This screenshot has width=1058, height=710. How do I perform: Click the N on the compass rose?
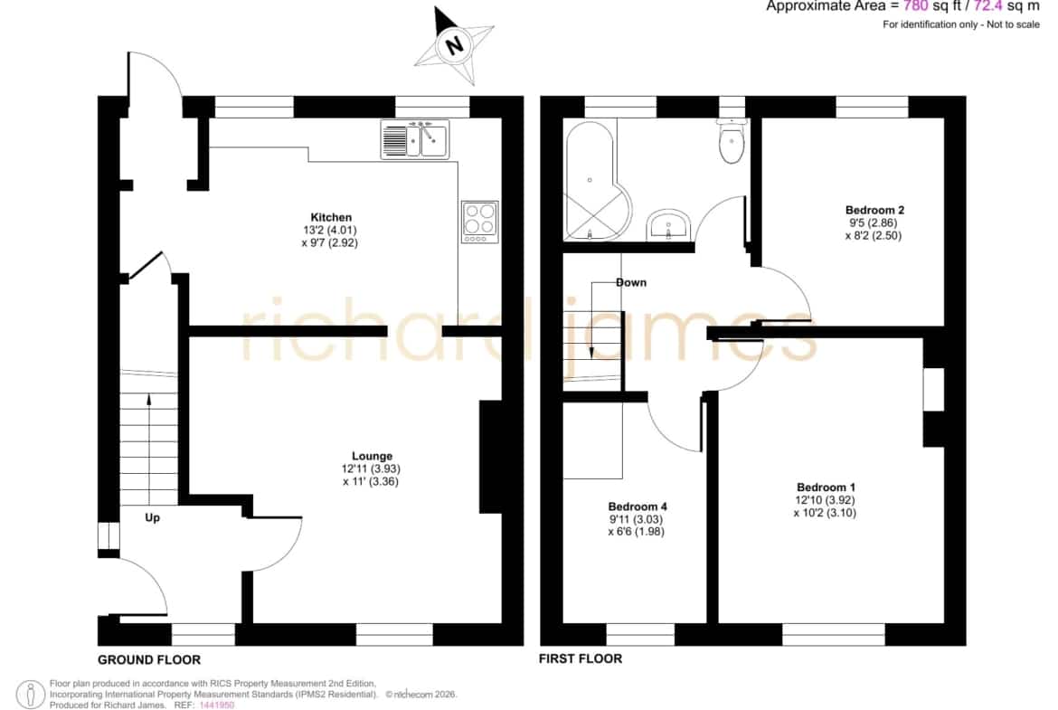click(x=454, y=45)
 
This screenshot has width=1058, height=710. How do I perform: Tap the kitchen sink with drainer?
click(x=415, y=139)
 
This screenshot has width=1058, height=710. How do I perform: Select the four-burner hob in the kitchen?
click(x=480, y=222)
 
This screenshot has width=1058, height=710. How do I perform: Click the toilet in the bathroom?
click(x=732, y=142)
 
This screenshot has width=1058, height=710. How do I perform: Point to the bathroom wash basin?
click(x=668, y=223)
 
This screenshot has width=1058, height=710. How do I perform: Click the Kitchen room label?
click(x=331, y=217)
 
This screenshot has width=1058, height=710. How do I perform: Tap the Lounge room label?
click(x=372, y=456)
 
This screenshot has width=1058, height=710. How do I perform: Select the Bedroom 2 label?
click(x=874, y=210)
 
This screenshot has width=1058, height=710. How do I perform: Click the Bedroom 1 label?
click(x=826, y=488)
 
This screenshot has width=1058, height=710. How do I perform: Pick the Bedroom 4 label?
click(x=638, y=506)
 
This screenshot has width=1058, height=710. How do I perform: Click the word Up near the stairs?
click(x=153, y=517)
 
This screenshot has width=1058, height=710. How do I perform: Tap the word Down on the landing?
click(x=631, y=283)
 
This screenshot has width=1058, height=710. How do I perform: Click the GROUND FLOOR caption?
click(x=149, y=659)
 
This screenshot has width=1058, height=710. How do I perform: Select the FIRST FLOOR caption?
click(x=581, y=658)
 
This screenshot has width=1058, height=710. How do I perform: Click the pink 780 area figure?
click(x=916, y=6)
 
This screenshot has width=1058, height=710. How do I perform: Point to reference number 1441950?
click(x=217, y=705)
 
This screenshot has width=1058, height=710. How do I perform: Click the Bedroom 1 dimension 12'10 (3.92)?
click(x=826, y=500)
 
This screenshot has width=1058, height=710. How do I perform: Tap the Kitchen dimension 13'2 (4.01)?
click(x=330, y=230)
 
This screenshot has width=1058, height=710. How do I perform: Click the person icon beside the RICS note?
click(x=31, y=695)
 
